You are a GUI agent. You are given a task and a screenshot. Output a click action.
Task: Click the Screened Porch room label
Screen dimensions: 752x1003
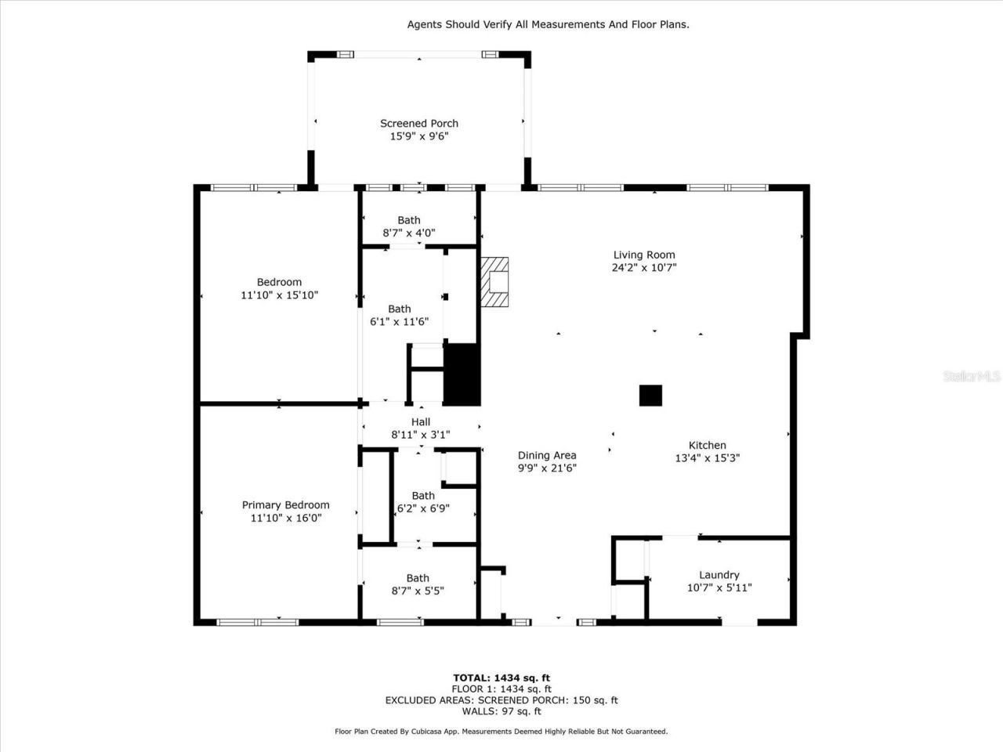coord(418,123)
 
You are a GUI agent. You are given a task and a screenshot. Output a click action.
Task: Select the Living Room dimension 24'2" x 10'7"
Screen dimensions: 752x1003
coord(643,267)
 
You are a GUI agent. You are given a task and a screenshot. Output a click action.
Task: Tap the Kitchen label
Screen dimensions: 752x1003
coord(707,445)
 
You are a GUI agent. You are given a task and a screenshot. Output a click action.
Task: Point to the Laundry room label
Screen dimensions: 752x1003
coord(719,575)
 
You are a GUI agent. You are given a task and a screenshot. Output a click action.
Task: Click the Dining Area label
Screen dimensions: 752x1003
coord(547,455)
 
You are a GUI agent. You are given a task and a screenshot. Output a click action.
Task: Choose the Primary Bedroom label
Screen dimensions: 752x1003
coord(285,505)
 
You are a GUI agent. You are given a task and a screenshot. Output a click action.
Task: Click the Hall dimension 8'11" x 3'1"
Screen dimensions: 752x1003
coord(420,435)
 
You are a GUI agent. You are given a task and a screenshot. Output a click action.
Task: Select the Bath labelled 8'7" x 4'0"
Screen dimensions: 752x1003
coord(408,226)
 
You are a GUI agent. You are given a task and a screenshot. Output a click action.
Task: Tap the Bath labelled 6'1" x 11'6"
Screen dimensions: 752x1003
coord(399,315)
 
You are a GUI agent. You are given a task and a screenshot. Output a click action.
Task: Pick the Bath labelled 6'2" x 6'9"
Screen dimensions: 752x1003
coord(423,502)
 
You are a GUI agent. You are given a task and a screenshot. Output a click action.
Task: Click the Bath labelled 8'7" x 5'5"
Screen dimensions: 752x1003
coord(418,584)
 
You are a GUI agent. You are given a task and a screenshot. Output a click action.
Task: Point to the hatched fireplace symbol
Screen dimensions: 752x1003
coord(495,283)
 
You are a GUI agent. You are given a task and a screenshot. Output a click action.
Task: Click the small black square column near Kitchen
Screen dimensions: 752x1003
coord(650,396)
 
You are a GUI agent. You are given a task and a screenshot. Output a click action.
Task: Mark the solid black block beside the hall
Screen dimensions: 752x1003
coord(462,374)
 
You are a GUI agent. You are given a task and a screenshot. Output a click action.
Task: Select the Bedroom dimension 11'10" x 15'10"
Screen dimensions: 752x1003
coord(279,295)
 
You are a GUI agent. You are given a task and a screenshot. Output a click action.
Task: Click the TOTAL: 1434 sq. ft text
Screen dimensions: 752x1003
coord(501,678)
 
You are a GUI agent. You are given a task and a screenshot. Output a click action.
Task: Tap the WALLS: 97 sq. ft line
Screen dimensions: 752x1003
coord(501,711)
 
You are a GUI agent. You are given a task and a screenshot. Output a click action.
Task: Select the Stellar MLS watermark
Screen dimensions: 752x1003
coord(972,377)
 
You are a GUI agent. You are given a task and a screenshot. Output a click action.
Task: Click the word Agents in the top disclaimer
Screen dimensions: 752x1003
coord(424,24)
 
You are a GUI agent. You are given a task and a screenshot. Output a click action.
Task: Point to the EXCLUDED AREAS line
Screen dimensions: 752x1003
coord(501,700)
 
